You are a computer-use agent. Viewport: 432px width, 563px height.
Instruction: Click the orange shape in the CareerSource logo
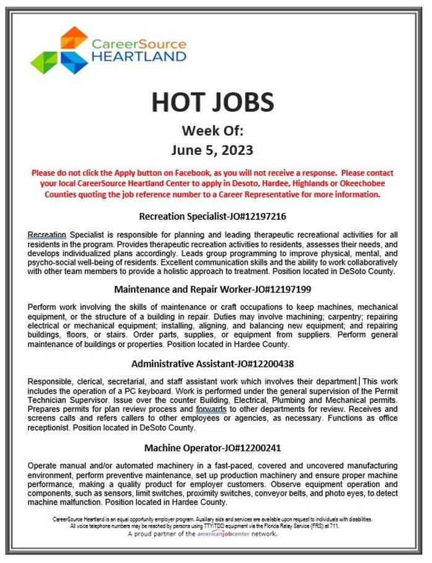[x=73, y=38]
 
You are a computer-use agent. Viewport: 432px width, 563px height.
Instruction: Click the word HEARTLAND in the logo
[x=139, y=57]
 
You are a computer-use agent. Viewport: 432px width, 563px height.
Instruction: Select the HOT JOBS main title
[x=212, y=102]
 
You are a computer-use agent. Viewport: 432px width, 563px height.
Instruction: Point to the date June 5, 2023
[x=212, y=149]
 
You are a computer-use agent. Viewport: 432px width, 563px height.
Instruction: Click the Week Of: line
[x=212, y=130]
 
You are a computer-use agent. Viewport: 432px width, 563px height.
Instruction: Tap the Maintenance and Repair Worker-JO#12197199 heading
[x=212, y=289]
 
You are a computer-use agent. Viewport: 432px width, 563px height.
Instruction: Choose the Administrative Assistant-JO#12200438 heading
[x=212, y=365]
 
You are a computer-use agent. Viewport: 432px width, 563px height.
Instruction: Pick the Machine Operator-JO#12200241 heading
[x=212, y=447]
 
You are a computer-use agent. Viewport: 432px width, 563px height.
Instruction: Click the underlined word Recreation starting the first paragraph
[x=47, y=235]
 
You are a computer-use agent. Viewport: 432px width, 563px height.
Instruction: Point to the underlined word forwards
[x=211, y=409]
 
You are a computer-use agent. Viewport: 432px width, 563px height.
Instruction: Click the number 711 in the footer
[x=333, y=527]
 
